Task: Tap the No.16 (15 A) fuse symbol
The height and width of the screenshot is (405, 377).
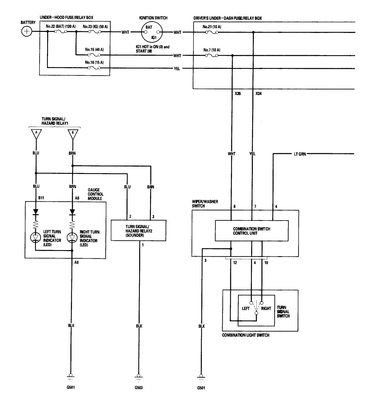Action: [94, 68]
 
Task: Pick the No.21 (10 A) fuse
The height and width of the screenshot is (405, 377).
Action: [212, 32]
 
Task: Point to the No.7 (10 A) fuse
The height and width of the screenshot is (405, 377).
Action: [212, 55]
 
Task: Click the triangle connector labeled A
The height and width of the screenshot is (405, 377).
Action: [36, 134]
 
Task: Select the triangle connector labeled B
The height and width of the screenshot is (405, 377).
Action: [73, 134]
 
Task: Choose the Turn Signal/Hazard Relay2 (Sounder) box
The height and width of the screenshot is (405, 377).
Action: [138, 230]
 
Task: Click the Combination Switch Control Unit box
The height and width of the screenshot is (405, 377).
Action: [252, 231]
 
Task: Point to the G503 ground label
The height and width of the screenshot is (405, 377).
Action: [138, 388]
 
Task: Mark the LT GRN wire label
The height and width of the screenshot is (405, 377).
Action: [300, 154]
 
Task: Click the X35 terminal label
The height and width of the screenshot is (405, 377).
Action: [238, 93]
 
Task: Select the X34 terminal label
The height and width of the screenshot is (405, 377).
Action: [258, 93]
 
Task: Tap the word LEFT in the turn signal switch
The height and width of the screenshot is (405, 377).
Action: [246, 308]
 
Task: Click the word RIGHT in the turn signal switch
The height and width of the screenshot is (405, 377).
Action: [266, 308]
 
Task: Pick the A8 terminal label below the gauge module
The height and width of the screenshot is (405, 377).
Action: [77, 262]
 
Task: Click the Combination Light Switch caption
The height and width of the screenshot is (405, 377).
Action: [246, 335]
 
